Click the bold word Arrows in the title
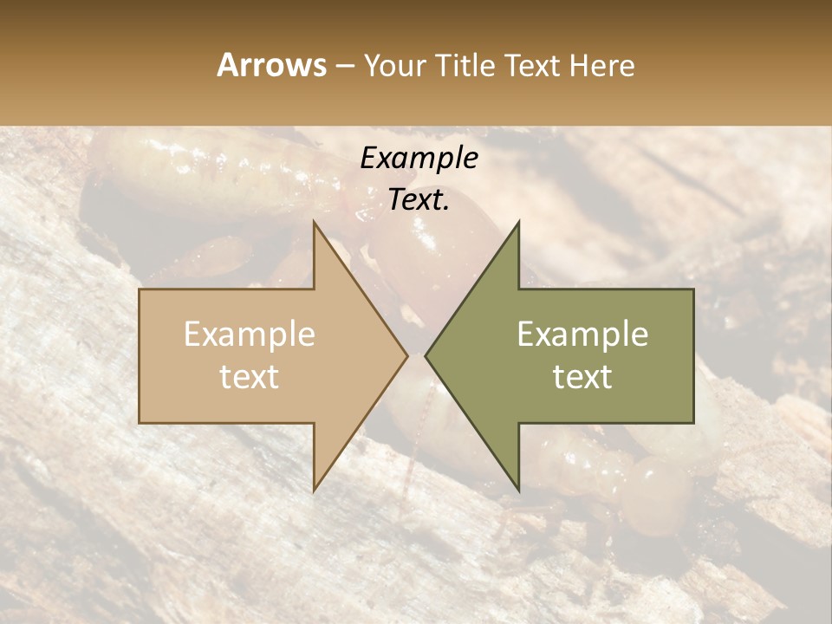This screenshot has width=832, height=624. (x=271, y=65)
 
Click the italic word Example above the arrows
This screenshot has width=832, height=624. (x=419, y=159)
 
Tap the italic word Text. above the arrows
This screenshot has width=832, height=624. (x=419, y=200)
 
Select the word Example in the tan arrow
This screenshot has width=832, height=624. (x=250, y=335)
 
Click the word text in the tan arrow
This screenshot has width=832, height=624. (x=250, y=376)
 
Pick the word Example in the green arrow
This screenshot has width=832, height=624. (x=582, y=335)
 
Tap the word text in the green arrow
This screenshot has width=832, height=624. (x=582, y=376)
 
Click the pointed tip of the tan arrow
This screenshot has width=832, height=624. (x=407, y=355)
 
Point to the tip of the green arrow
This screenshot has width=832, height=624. (x=426, y=355)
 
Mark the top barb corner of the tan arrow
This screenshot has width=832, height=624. (x=315, y=222)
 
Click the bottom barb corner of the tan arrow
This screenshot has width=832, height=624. (x=315, y=491)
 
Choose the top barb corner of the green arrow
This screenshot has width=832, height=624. (x=518, y=222)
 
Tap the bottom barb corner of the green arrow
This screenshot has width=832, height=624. (x=518, y=491)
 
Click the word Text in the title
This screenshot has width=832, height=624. (x=532, y=65)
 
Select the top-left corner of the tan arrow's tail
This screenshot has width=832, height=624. (x=140, y=289)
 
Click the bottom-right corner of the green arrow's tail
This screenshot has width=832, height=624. (x=693, y=422)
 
